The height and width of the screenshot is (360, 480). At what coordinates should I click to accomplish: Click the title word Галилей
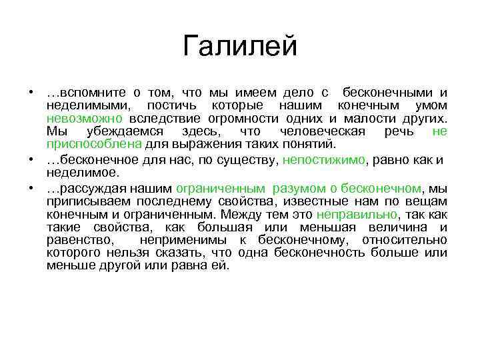pyautogui.click(x=239, y=46)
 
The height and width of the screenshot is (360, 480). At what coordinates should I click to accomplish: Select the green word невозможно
pyautogui.click(x=75, y=119)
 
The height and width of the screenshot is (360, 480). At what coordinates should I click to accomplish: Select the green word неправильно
pyautogui.click(x=356, y=215)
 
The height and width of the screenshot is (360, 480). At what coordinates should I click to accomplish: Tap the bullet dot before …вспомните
pyautogui.click(x=31, y=93)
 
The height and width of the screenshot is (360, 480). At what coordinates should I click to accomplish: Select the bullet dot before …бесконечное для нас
pyautogui.click(x=31, y=160)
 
